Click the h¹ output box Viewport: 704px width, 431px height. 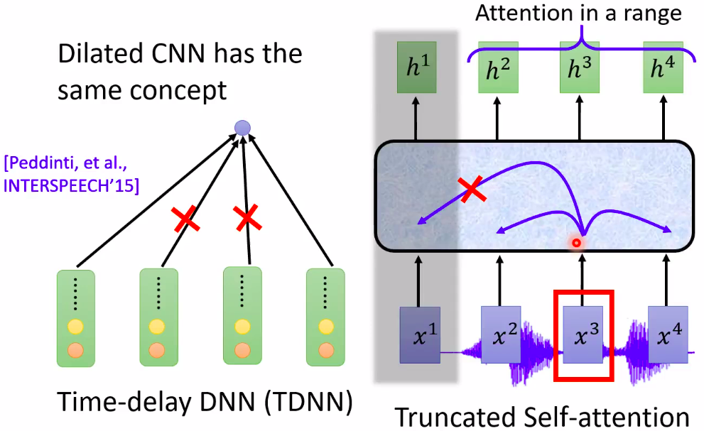coord(417,67)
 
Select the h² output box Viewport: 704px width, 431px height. coord(499,67)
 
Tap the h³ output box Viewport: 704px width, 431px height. coord(580,67)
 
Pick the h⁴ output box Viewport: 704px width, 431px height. coord(663,67)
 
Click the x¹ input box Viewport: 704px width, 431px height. coord(420,335)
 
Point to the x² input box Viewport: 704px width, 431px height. coord(501,335)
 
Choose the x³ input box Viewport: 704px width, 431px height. coord(583,335)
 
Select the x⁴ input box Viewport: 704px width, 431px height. coord(668,335)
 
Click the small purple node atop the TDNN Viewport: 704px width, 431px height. coord(242,128)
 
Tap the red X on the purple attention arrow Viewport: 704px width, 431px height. coord(472,189)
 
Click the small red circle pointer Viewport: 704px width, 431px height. coord(577,243)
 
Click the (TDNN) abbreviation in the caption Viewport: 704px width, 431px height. coord(309,402)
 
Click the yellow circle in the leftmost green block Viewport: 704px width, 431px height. coord(75,327)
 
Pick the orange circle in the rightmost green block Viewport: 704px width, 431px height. coord(326,350)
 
